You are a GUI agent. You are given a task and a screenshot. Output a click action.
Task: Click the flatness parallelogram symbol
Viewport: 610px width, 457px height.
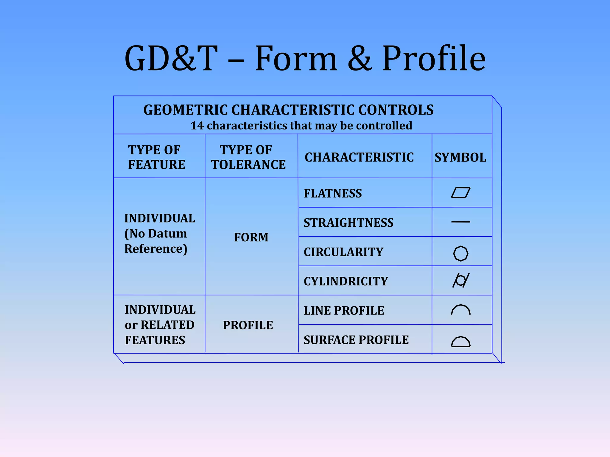pos(460,193)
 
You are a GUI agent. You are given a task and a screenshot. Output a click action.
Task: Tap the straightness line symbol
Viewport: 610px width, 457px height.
pos(460,222)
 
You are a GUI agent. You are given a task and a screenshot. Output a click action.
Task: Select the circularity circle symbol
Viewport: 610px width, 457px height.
pos(460,253)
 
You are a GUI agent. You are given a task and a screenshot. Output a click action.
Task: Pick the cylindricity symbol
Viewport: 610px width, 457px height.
pos(460,280)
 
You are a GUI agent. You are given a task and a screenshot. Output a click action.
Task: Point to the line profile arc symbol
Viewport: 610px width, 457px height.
pos(460,310)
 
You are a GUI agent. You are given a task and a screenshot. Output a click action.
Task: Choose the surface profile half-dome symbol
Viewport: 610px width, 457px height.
pos(460,342)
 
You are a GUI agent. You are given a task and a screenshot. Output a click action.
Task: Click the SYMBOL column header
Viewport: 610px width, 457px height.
pos(460,157)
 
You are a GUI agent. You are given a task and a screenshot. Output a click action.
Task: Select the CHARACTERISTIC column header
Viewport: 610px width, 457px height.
pos(359,157)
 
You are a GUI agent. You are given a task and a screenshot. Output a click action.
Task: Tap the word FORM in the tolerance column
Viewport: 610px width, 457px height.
pos(251,237)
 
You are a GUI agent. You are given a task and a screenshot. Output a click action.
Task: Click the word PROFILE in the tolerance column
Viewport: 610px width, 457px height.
pos(248,325)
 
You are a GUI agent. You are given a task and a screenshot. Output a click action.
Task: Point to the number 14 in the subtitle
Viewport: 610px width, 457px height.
pos(197,126)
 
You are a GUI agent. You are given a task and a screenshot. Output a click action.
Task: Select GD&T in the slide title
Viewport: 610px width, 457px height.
pos(171,58)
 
